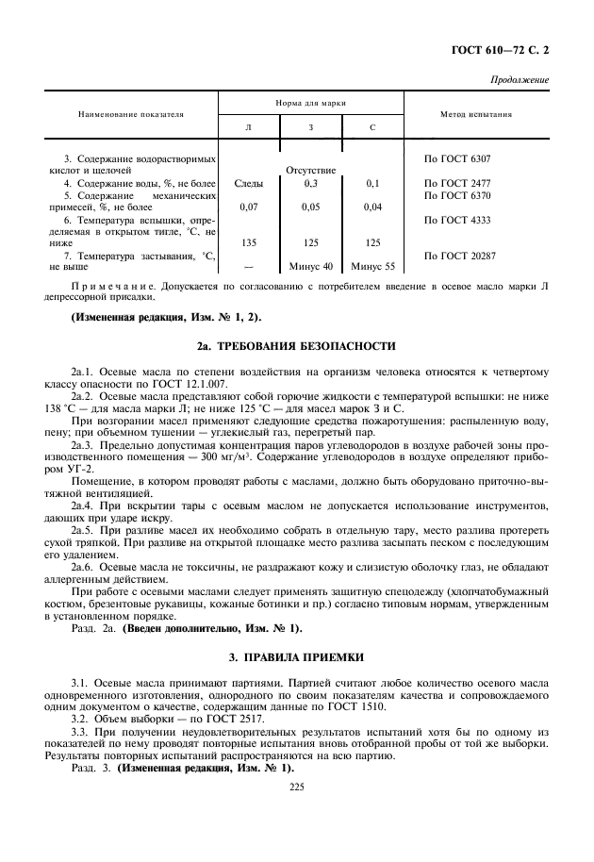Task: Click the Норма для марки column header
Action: pos(311,101)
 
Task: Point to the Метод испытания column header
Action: pos(476,114)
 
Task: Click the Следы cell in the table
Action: pos(249,183)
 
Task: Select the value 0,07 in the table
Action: pos(249,207)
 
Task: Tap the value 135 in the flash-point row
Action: pos(249,242)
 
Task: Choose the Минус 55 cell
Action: pos(372,267)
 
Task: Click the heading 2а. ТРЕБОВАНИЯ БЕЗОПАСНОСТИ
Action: pos(297,347)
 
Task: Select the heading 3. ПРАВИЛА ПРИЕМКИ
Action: pos(297,655)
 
